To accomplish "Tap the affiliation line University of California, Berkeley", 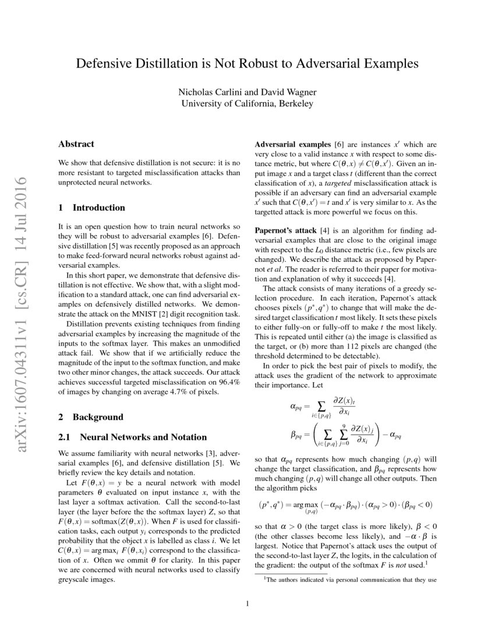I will tap(248, 104).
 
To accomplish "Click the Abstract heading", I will tap(76, 144).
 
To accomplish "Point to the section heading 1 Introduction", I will tap(92, 207).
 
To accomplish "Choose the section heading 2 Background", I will tap(91, 417).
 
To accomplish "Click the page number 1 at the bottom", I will tap(248, 603).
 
